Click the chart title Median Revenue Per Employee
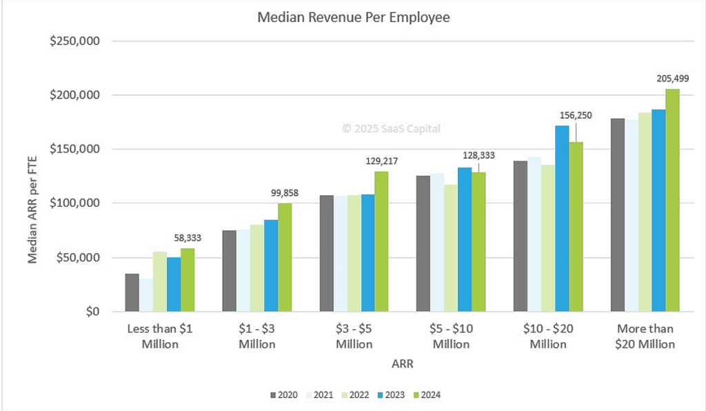click(353, 17)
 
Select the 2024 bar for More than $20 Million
click(672, 200)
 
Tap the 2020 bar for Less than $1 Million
click(132, 292)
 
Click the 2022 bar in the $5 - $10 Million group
click(451, 248)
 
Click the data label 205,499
click(672, 78)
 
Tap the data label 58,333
click(187, 237)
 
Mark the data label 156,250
click(575, 115)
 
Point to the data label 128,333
click(478, 155)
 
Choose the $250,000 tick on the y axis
click(76, 41)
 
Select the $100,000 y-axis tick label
click(76, 203)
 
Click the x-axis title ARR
click(402, 363)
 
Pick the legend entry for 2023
click(392, 395)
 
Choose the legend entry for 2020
click(283, 395)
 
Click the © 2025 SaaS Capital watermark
click(391, 128)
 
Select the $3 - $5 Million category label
click(354, 337)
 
